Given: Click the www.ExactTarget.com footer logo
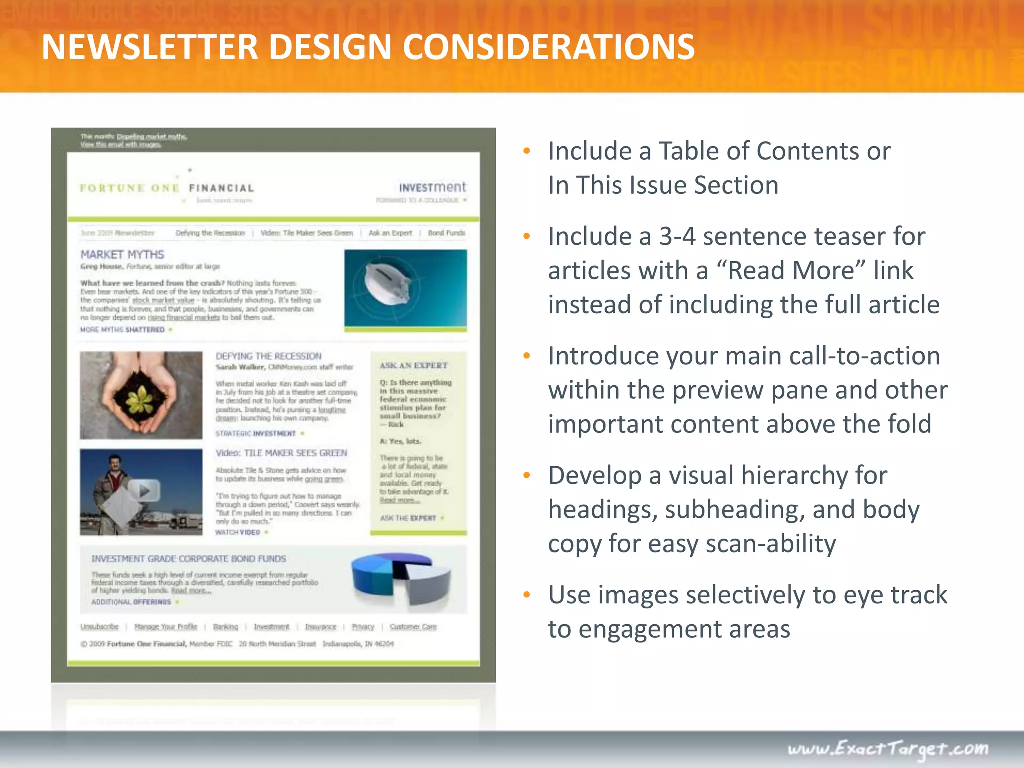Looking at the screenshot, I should coord(888,749).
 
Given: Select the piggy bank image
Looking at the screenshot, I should coord(405,288).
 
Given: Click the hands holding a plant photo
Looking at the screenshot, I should coord(141,395).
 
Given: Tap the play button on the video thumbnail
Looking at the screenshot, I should coord(144,491).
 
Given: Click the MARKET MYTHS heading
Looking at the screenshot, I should coord(122,255).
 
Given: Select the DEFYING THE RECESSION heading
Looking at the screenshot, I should coord(268,356).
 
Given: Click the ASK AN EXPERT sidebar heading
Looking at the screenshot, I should coord(413,365).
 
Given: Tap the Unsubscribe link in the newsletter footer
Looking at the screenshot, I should coord(100,627).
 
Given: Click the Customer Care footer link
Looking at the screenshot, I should coord(413,627).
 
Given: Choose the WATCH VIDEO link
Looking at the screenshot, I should coord(238,532).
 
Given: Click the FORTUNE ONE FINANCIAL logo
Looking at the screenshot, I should coord(167,188).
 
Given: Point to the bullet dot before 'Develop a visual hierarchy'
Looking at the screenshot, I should coord(526,475).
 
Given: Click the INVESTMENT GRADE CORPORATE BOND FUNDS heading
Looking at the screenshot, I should coord(189,559).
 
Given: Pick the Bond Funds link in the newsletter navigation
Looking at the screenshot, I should coord(446,233).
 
